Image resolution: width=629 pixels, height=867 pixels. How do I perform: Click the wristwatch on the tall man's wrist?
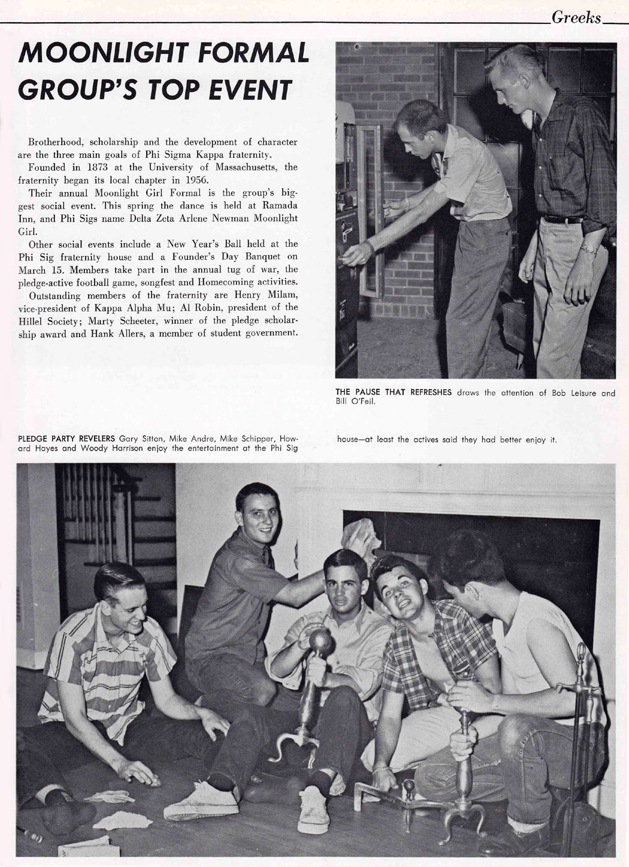[588, 248]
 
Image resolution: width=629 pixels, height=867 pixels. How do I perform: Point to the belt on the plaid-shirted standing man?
[563, 219]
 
